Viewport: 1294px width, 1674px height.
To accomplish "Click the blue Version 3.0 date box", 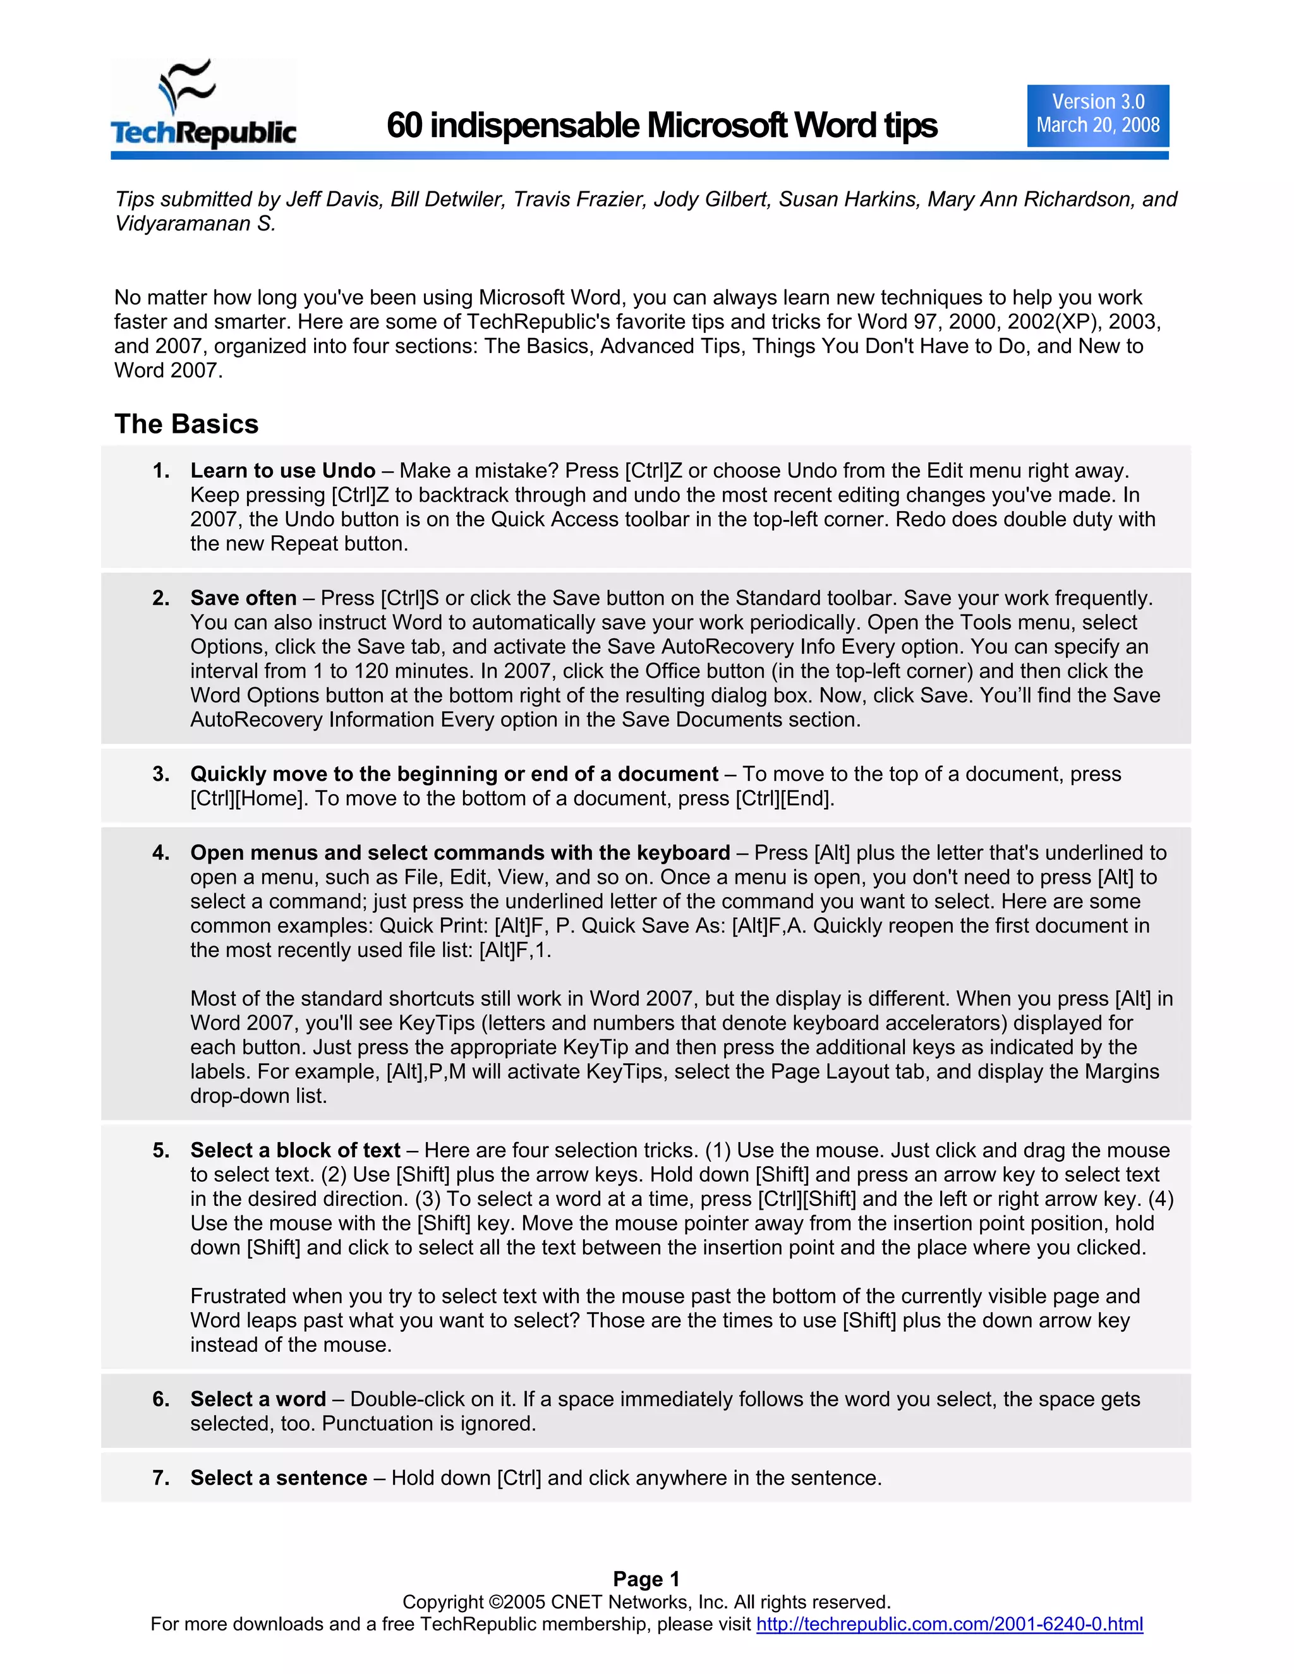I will (1097, 115).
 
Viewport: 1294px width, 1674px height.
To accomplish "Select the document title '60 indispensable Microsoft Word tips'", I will (661, 126).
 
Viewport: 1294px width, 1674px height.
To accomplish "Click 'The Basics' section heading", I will (186, 424).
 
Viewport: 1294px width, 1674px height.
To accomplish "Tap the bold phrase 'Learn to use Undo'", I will (283, 471).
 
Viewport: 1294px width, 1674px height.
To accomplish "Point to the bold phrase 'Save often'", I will (243, 598).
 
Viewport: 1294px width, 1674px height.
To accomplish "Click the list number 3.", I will (160, 774).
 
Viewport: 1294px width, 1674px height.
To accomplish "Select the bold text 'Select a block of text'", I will (295, 1150).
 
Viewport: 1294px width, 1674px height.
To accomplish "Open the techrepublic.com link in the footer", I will (949, 1623).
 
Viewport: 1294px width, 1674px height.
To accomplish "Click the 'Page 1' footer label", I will (646, 1579).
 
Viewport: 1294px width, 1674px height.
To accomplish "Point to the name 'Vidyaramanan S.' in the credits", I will (195, 224).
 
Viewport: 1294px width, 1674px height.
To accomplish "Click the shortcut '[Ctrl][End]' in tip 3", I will (783, 798).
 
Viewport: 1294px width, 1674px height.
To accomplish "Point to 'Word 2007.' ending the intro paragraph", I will (168, 370).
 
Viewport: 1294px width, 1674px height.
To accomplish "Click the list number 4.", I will (160, 853).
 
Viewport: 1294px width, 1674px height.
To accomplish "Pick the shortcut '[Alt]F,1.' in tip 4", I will (515, 951).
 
